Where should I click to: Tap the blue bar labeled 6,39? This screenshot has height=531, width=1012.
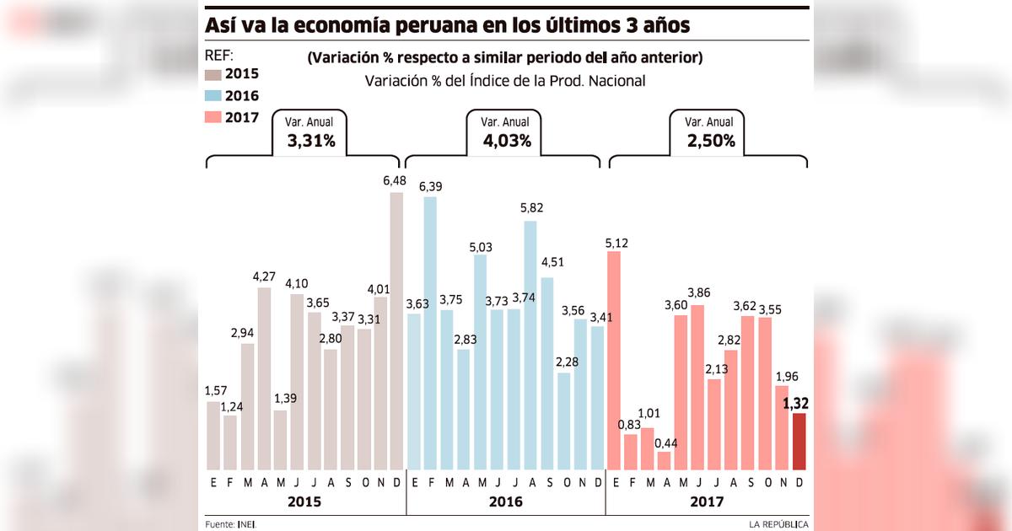click(x=430, y=333)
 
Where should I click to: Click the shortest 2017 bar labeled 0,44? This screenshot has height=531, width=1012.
click(x=664, y=460)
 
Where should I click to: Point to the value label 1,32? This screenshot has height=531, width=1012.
click(x=799, y=404)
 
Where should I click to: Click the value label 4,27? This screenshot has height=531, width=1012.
click(x=264, y=276)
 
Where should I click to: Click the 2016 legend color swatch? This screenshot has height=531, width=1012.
click(x=213, y=96)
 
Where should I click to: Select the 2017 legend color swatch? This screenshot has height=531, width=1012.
click(x=213, y=117)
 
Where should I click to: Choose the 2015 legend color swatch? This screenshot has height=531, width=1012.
click(x=213, y=74)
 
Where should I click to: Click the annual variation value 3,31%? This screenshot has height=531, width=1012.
click(x=311, y=141)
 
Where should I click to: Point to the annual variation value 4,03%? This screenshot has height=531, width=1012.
click(x=507, y=141)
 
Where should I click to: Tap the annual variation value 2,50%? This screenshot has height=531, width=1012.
click(x=711, y=141)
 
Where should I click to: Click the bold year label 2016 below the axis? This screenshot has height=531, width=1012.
click(x=505, y=501)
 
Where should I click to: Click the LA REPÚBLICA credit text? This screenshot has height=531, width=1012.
click(x=778, y=524)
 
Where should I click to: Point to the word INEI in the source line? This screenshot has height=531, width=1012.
click(x=248, y=524)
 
